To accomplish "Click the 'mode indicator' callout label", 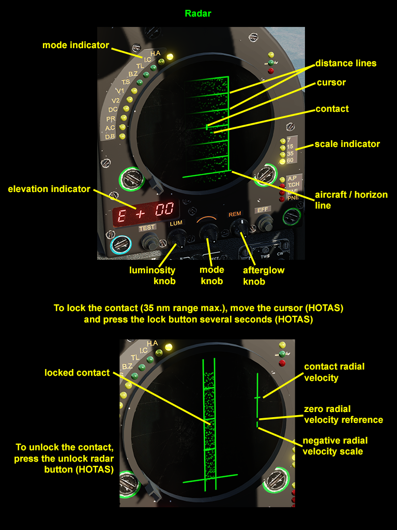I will click(x=75, y=46).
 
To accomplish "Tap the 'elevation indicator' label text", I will click(x=49, y=189).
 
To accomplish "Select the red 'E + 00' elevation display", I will click(x=146, y=213).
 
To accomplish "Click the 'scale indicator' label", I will click(x=347, y=144).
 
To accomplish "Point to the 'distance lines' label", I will click(x=346, y=63).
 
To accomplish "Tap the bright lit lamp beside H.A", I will click(x=169, y=56).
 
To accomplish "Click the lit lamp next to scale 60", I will click(x=282, y=161).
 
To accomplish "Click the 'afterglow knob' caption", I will click(x=264, y=276).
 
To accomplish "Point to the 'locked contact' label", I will click(x=77, y=373).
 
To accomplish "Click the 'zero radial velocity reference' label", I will click(x=343, y=415).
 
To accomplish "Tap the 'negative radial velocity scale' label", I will click(x=335, y=446).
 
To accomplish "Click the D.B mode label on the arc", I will click(x=110, y=137).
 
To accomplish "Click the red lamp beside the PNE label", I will click(x=282, y=198).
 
